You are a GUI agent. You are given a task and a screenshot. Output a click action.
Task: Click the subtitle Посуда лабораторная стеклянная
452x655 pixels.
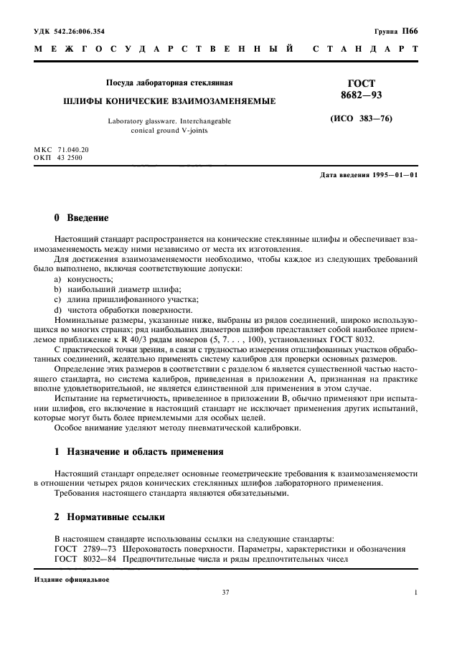169,83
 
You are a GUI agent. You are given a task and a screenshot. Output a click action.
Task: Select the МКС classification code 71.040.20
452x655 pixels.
72,149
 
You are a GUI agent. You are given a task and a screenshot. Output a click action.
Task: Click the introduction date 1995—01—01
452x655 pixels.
393,176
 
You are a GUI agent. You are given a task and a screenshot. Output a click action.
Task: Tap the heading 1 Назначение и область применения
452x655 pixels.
139,453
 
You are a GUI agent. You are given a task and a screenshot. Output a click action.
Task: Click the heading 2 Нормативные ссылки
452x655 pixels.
110,517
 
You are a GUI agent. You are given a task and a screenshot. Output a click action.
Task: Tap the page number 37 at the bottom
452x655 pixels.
227,593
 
